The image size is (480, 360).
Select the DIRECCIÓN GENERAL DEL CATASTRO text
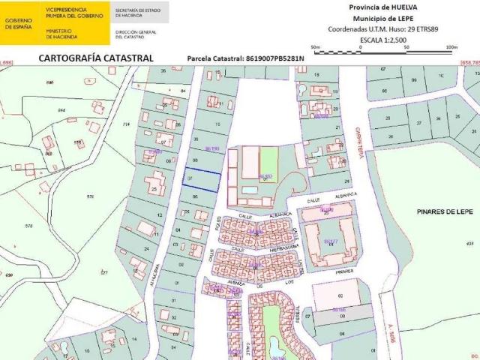click(136, 34)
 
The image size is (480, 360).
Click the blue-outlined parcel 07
click(202, 180)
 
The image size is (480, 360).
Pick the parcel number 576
click(90, 196)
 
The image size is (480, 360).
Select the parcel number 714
click(126, 124)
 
